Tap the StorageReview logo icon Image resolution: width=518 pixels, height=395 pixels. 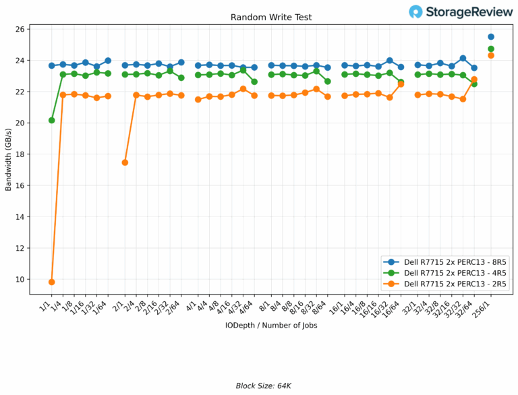click(416, 11)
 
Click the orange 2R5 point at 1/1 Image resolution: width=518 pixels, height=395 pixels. click(52, 282)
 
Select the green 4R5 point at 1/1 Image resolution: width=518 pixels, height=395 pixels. click(52, 120)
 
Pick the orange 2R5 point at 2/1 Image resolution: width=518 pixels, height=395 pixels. click(125, 162)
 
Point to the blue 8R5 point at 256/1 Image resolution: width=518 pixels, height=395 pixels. click(491, 36)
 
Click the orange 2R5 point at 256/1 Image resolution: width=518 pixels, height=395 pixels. click(491, 55)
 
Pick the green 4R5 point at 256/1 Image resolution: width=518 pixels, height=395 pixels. click(491, 49)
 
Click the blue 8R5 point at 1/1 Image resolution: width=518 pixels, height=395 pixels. click(52, 65)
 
